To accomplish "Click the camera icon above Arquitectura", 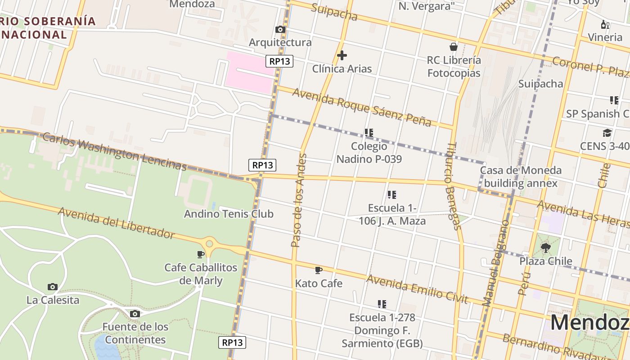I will pos(280,30).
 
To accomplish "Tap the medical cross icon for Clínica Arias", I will pos(342,56).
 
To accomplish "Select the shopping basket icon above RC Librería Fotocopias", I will pos(454,47).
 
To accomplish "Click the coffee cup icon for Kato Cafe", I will pos(319,270).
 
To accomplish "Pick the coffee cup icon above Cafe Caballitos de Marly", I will pos(201,254).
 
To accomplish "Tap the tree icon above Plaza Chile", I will pos(546,247).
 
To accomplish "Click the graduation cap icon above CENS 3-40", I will pos(607,133).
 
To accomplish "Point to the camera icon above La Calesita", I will pos(53,287).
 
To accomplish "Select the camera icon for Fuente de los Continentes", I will pos(135,314).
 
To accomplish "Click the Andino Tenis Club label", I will pos(229,214).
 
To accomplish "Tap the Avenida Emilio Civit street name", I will pos(417,289).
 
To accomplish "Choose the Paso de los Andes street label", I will pos(299,200).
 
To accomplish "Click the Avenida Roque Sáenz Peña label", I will pos(362,107).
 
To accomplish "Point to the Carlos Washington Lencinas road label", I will pos(115,152).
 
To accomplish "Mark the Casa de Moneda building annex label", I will pos(521,177).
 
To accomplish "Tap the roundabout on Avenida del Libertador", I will pos(209,244).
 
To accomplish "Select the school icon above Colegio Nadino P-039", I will pos(369,133).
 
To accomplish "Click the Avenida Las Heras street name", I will pos(583,214).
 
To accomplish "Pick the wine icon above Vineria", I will pos(605,24).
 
